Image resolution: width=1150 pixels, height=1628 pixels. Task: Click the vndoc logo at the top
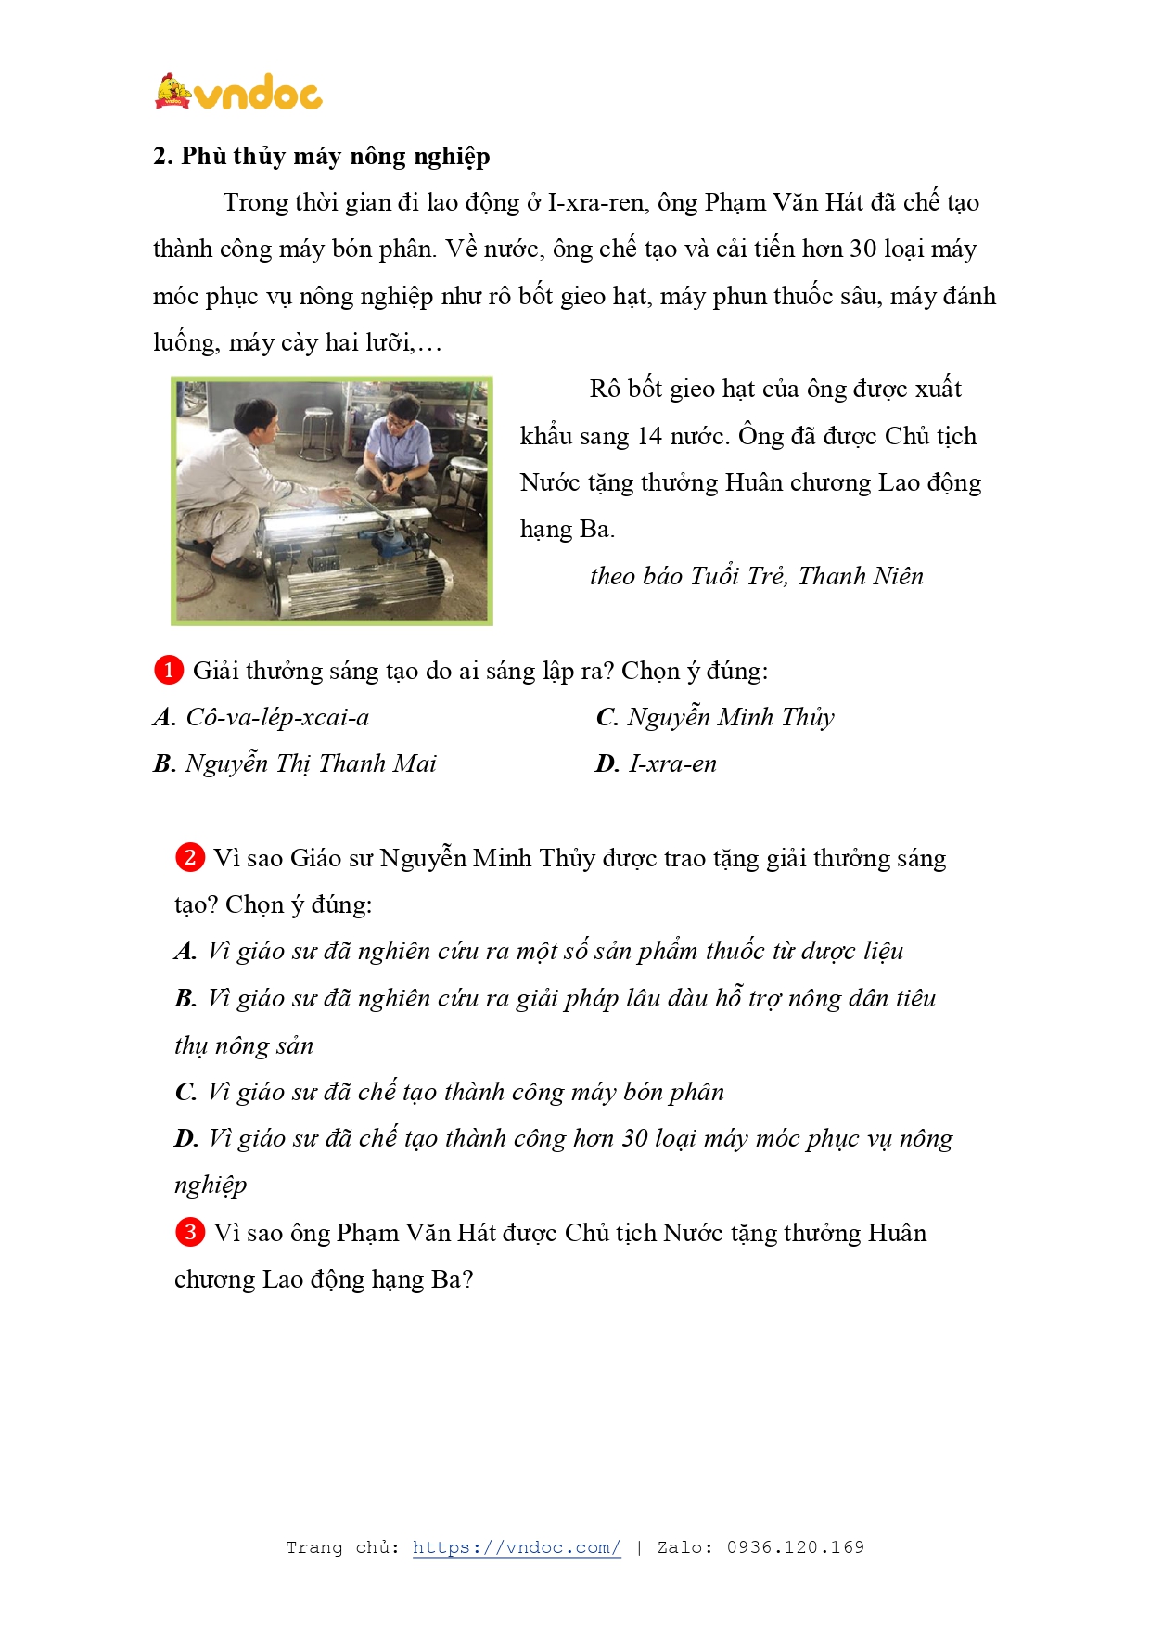[238, 93]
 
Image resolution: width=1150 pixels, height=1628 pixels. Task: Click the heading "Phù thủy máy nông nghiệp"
[335, 156]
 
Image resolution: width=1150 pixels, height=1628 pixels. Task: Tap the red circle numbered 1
[169, 670]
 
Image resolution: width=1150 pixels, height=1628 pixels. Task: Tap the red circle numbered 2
[190, 857]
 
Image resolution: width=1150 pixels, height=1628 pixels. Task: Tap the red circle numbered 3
[190, 1232]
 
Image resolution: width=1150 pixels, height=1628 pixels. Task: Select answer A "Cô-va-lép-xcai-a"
[277, 717]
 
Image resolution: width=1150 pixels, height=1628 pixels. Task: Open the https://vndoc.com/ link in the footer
[517, 1547]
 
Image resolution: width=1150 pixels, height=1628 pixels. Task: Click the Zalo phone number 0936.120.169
[795, 1547]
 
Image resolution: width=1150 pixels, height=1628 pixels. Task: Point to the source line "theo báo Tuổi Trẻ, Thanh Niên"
[756, 576]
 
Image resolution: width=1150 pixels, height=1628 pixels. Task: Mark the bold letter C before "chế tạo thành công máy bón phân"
[185, 1093]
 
